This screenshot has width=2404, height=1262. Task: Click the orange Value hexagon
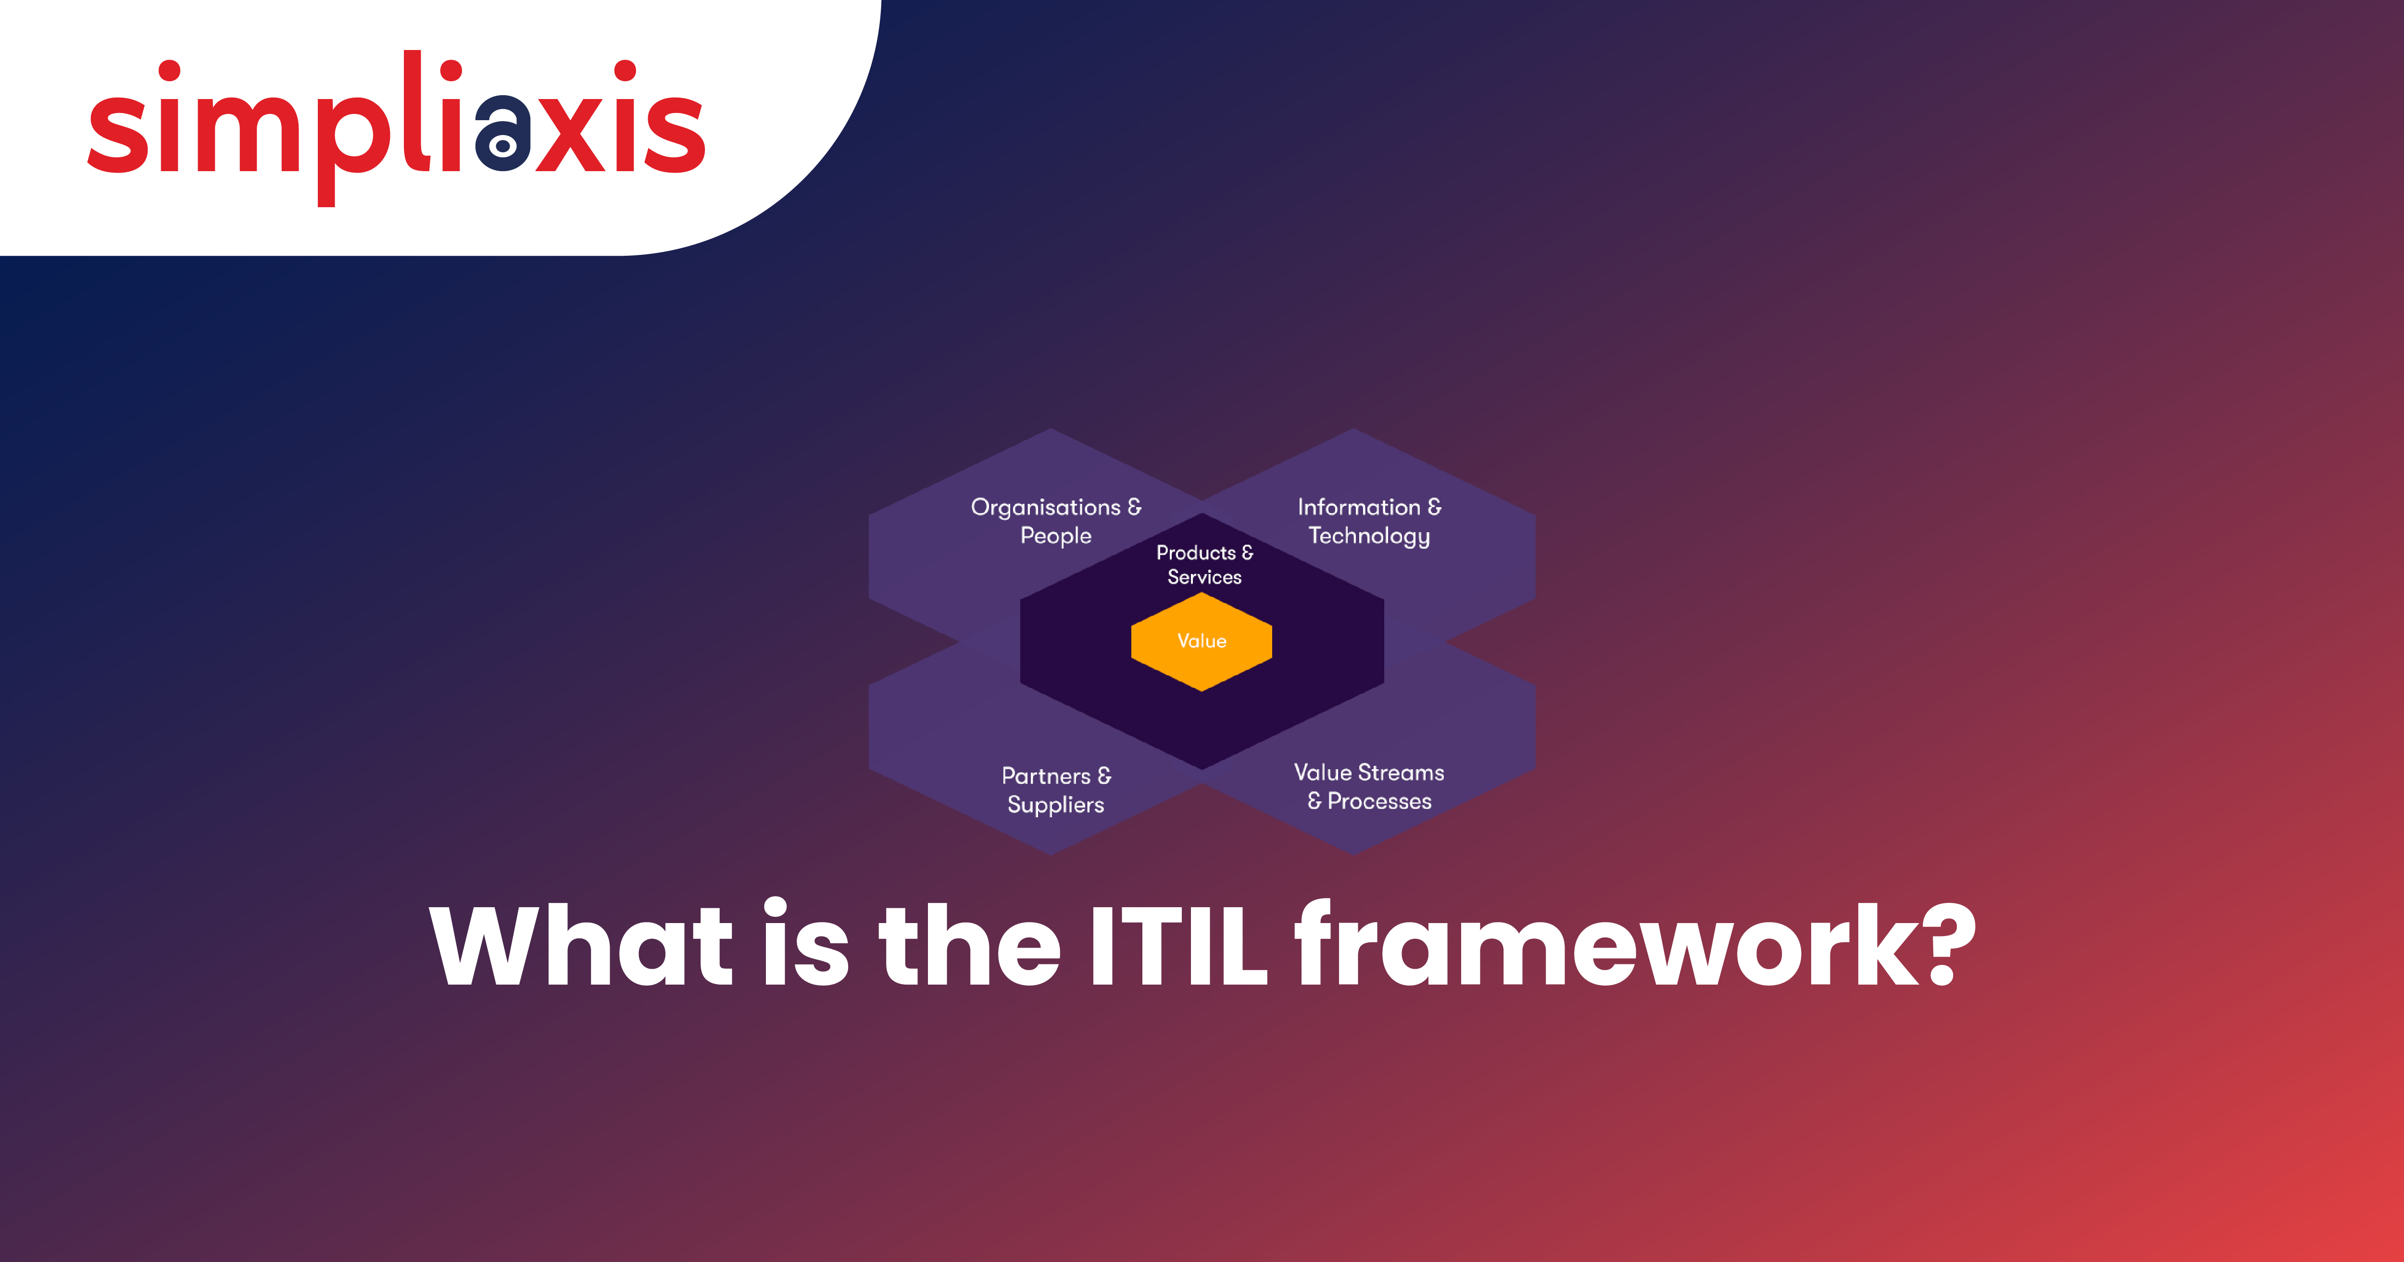tap(1201, 641)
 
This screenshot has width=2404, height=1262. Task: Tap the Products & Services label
tap(1204, 565)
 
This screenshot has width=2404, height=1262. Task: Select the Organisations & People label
tap(1055, 521)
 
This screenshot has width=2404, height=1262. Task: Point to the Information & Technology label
tap(1369, 521)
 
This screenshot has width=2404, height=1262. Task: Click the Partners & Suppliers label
tap(1055, 790)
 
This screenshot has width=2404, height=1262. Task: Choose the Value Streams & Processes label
tap(1369, 786)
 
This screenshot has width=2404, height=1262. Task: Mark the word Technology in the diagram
tap(1369, 536)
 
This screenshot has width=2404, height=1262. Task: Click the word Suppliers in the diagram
tap(1055, 805)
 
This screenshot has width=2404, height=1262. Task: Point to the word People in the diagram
tap(1055, 536)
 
